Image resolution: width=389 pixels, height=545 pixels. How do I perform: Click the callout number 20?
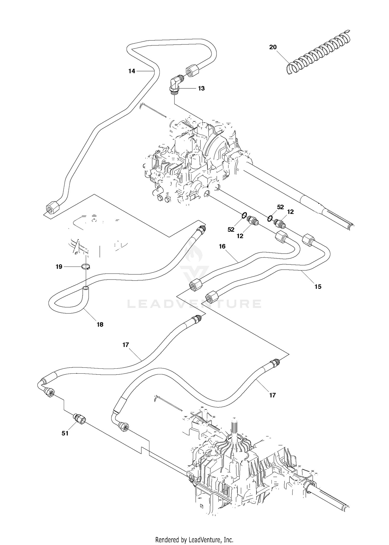coord(273,47)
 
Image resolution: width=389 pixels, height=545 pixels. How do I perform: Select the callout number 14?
coord(132,71)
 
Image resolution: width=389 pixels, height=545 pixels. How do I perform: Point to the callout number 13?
coord(201,88)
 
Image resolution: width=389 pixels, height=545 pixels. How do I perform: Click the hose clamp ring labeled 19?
coord(85,266)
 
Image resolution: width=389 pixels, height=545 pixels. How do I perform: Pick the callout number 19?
coord(59,267)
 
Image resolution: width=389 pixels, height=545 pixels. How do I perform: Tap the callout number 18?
coord(100,324)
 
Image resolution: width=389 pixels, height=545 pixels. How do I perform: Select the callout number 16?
coord(222,246)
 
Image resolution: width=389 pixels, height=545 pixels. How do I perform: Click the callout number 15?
coord(318,287)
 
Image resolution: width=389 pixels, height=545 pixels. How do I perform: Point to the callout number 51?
coord(65,433)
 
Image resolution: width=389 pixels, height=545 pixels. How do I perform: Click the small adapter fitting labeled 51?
coord(80,419)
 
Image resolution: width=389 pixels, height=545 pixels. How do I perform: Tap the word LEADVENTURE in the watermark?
coord(195,304)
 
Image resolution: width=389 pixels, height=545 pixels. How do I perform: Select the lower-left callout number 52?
coord(231,229)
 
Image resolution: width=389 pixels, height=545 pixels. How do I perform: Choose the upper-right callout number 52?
coord(280,207)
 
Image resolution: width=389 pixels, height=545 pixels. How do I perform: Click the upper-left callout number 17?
coord(126,345)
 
